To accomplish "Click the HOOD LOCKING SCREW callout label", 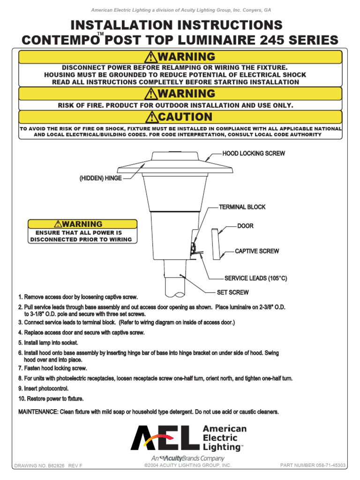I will pos(253,154).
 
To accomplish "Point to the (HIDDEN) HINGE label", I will pos(100,179).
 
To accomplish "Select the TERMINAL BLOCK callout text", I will pos(242,207).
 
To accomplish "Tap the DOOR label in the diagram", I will pos(245,226).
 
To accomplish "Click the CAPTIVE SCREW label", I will pos(257,251).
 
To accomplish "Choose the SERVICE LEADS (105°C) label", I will pos(255,278).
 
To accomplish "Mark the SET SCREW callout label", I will pos(232,292).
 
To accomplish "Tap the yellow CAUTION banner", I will pos(180,117).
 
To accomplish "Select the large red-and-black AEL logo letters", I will pos(161,437).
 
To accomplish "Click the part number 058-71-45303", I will pos(313,465).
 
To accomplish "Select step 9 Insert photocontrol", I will pos(43,389).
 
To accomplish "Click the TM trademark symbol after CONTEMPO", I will pos(100,35).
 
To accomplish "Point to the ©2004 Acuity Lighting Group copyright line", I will pos(188,465).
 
